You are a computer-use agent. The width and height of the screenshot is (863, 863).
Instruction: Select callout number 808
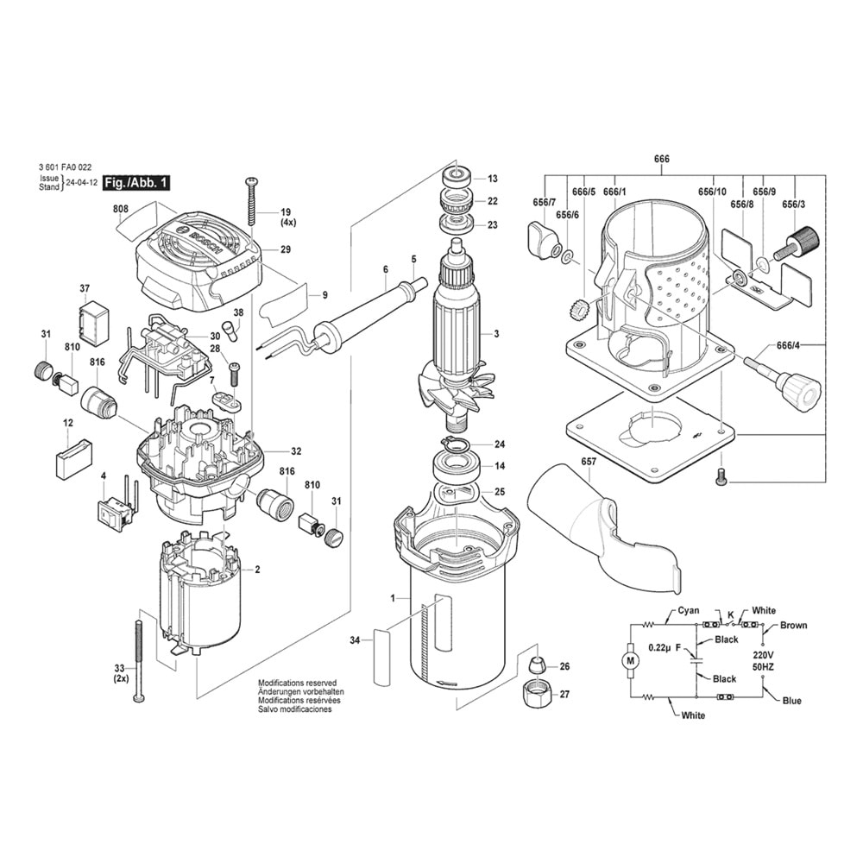click(120, 208)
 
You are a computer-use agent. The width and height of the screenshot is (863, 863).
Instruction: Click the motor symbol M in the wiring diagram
click(629, 660)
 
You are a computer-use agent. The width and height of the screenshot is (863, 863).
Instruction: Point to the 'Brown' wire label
click(793, 625)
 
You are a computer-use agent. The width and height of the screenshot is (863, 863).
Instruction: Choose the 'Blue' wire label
click(791, 701)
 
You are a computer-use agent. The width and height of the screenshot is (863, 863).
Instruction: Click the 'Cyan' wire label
click(688, 610)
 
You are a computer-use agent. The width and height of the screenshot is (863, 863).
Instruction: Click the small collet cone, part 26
click(536, 665)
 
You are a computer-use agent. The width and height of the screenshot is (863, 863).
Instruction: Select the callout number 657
click(589, 463)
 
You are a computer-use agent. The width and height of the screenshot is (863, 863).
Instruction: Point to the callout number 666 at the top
click(661, 158)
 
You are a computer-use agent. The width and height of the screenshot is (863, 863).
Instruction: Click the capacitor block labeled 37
click(92, 323)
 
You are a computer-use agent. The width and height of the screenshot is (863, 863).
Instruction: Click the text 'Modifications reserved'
click(297, 683)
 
